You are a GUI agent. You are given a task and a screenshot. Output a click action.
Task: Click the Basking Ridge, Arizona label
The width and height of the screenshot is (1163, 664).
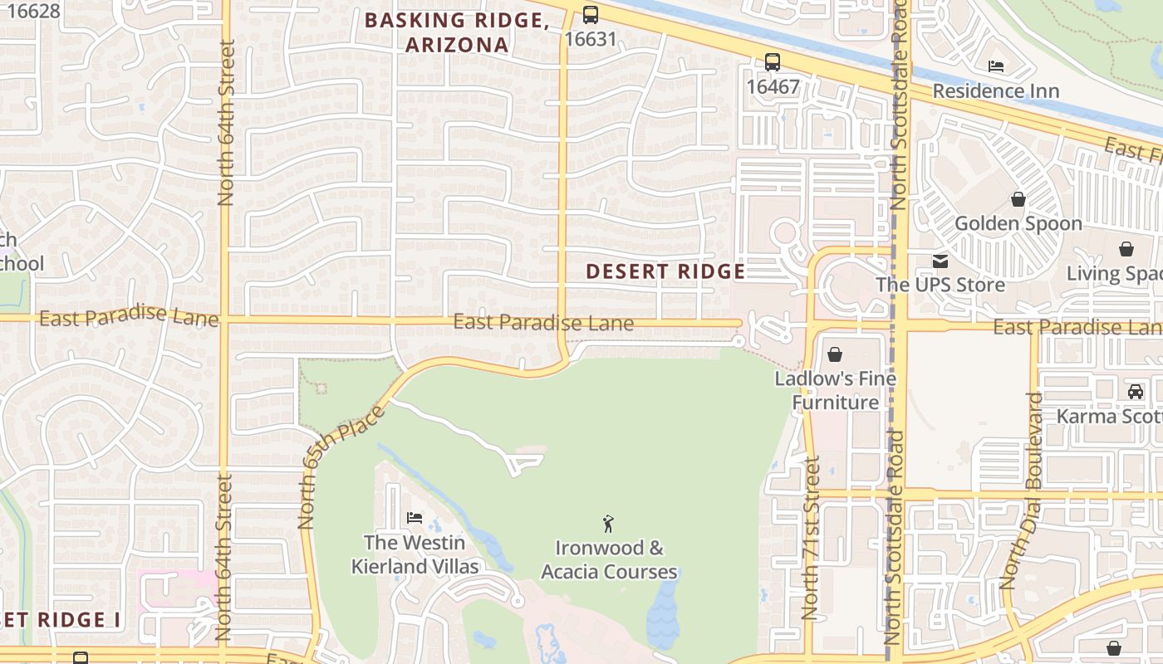[x=457, y=32]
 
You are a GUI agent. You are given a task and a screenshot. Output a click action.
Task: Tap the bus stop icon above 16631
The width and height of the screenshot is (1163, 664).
[x=590, y=14]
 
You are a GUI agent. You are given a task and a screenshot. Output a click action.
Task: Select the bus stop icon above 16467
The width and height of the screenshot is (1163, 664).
[x=773, y=61]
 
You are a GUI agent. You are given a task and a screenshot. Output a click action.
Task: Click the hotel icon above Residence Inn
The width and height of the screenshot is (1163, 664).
[x=995, y=66]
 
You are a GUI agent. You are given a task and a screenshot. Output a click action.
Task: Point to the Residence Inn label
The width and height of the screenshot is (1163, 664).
[x=995, y=90]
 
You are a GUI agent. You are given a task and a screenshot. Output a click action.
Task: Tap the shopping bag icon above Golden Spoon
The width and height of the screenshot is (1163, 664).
[x=1018, y=199]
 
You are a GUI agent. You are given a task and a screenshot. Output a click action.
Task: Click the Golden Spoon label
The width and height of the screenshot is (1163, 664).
[x=1018, y=223]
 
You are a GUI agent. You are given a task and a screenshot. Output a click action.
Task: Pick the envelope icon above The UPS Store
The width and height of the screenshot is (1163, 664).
[x=940, y=261]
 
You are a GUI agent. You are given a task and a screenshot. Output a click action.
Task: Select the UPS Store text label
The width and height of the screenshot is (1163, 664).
[x=940, y=285]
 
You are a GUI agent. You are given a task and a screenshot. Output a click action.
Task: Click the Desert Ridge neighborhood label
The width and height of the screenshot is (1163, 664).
[x=665, y=271]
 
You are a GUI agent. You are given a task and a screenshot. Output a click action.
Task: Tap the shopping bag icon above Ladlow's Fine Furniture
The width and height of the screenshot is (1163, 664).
[x=835, y=354]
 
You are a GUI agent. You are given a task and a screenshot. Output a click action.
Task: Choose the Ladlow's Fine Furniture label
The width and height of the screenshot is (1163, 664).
[x=835, y=390]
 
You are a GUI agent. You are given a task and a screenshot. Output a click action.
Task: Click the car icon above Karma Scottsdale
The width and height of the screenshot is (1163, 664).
[x=1135, y=392]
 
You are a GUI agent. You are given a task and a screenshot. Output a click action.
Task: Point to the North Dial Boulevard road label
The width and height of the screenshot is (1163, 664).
[x=1022, y=491]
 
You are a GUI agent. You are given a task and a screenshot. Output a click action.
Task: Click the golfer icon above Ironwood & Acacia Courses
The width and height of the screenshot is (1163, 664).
[x=608, y=524]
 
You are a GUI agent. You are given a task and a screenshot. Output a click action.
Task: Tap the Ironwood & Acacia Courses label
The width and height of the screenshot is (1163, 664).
[x=609, y=559]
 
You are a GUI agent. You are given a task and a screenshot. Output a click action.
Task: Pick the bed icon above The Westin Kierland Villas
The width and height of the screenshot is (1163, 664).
[x=415, y=519]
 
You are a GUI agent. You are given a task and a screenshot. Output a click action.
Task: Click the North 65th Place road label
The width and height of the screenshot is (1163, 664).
[x=341, y=467]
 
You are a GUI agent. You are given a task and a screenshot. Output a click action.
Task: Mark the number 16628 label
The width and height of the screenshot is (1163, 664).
[x=32, y=11]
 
